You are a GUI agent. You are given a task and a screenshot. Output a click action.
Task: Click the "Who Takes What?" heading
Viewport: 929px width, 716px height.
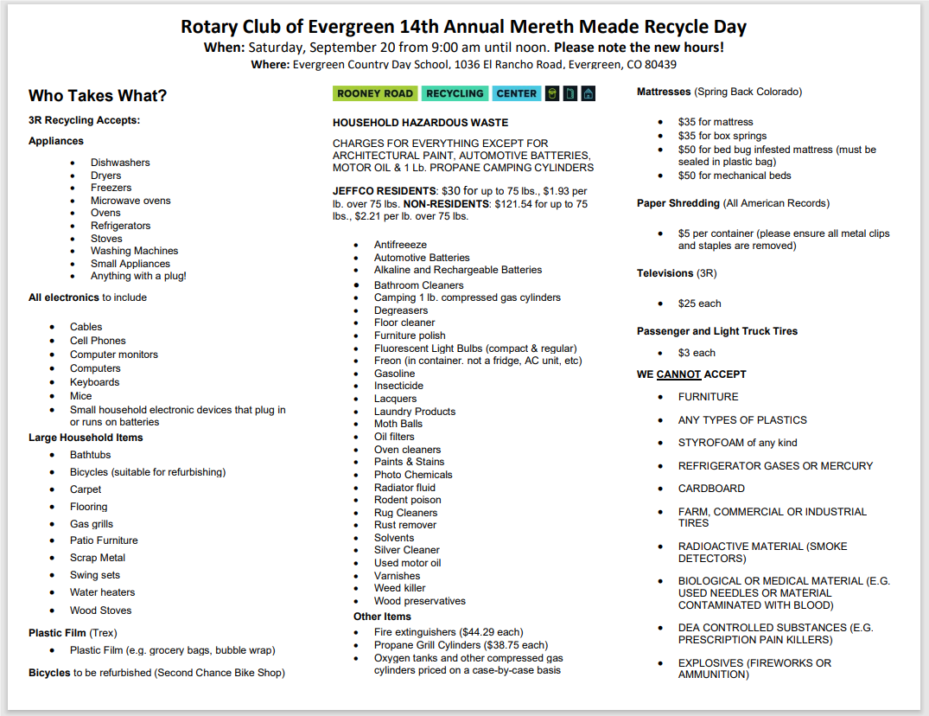(98, 96)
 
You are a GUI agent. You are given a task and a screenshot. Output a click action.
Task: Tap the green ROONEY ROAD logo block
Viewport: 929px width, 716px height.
(375, 93)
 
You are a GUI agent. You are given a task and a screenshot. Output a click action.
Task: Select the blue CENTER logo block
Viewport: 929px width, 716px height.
(517, 93)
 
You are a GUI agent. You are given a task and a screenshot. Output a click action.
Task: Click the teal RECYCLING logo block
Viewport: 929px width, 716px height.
(455, 93)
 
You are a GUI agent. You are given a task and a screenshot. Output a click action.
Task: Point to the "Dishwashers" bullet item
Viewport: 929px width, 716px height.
(120, 163)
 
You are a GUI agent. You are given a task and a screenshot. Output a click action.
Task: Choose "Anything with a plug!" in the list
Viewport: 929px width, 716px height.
(138, 277)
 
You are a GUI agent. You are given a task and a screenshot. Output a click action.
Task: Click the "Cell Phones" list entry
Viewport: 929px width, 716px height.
(98, 341)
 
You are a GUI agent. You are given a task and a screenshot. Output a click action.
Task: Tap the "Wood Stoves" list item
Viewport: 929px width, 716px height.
(100, 611)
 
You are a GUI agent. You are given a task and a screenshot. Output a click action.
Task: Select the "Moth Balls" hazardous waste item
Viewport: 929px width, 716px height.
(398, 424)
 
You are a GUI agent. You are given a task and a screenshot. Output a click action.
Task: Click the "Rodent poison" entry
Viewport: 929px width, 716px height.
(407, 500)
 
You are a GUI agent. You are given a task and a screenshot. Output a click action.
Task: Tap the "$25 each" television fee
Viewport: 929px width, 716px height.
(699, 304)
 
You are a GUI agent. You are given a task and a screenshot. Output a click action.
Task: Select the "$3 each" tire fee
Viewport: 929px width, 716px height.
(697, 353)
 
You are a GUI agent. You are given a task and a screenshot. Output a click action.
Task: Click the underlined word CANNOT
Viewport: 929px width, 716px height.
(678, 374)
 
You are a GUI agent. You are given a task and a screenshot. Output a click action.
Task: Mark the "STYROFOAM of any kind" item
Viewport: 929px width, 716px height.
(737, 443)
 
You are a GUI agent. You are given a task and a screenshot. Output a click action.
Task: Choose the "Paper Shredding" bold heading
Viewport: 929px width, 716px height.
(678, 203)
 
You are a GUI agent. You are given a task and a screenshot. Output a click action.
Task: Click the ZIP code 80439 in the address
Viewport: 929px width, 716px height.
(659, 65)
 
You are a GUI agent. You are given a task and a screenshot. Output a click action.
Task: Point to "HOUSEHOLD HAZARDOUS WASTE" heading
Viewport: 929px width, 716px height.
(420, 123)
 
